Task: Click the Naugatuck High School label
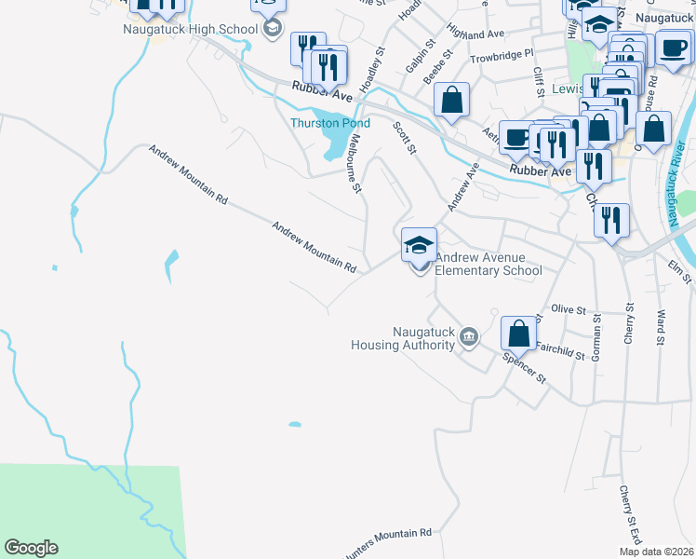pyautogui.click(x=190, y=29)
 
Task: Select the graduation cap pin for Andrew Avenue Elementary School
pyautogui.click(x=419, y=247)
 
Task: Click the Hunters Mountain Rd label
pyautogui.click(x=387, y=534)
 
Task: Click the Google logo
pyautogui.click(x=31, y=548)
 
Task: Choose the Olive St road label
pyautogui.click(x=568, y=308)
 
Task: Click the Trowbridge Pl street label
pyautogui.click(x=501, y=55)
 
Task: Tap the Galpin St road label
pyautogui.click(x=420, y=56)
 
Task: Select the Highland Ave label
pyautogui.click(x=475, y=33)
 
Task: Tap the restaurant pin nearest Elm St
pyautogui.click(x=610, y=222)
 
